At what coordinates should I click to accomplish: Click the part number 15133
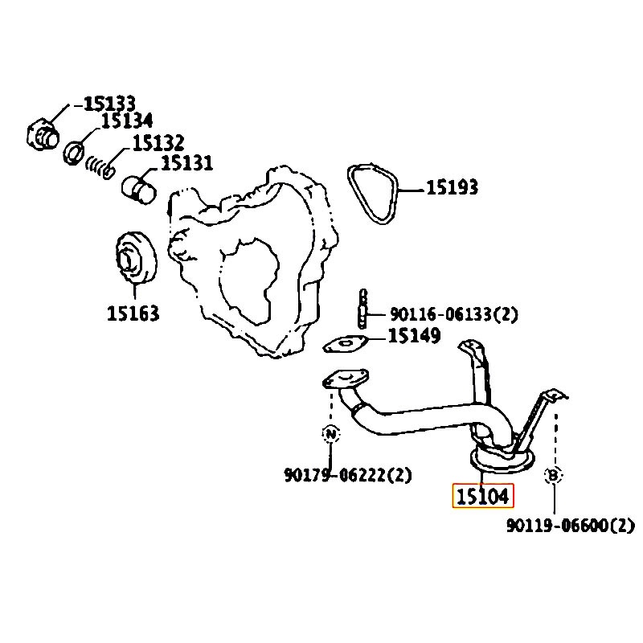(109, 104)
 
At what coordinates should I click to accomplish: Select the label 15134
(127, 121)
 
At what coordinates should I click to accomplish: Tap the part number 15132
(158, 143)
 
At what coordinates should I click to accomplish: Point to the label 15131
(187, 163)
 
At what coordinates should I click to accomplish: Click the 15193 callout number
(453, 187)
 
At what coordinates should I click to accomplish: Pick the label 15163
(133, 313)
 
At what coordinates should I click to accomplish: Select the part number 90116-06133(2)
(454, 314)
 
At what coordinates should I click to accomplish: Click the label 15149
(414, 335)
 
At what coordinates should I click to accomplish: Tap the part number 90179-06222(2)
(348, 475)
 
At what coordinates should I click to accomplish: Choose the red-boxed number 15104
(483, 496)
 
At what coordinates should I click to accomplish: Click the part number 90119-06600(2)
(571, 526)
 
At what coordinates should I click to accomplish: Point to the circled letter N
(330, 433)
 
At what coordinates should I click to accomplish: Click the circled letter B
(553, 476)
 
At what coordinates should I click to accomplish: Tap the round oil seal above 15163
(136, 257)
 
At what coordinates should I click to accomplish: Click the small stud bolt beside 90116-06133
(363, 309)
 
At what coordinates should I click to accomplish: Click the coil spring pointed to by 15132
(100, 167)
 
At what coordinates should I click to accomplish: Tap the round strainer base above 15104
(502, 463)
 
